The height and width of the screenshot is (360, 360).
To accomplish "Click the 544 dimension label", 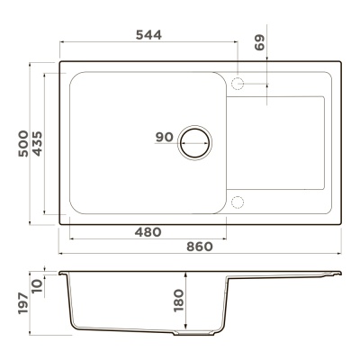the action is [x=148, y=35].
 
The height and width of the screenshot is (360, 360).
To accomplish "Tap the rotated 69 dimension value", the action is [x=260, y=42].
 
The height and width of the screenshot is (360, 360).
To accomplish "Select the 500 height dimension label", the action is [x=23, y=143].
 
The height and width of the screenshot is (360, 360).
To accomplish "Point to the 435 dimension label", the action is [x=37, y=143].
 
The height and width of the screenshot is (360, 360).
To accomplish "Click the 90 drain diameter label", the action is [x=165, y=137].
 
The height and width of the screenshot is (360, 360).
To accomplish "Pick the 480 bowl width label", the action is [x=148, y=232].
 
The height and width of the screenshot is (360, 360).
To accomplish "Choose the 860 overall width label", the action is [x=200, y=247].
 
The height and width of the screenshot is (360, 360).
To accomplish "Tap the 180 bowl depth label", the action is [x=178, y=301].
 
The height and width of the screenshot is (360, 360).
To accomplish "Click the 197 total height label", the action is [x=23, y=303].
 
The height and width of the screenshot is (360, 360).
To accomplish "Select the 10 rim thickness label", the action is [x=37, y=286].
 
